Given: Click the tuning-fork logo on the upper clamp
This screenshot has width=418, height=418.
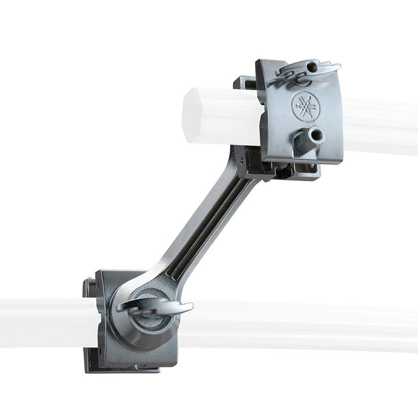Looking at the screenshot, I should tap(305, 106).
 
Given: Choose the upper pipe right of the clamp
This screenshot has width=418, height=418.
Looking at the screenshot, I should tap(376, 125).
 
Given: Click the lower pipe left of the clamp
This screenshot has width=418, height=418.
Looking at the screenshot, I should tap(42, 321).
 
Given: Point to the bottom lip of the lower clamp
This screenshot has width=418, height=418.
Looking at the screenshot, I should tap(119, 367).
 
